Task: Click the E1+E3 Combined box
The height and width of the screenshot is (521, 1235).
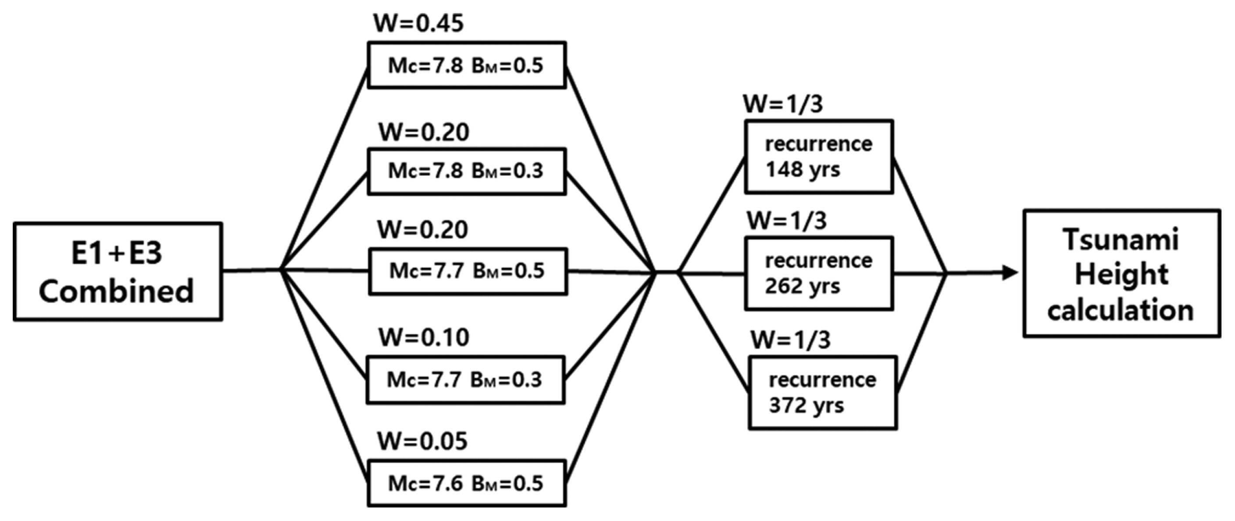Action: click(118, 271)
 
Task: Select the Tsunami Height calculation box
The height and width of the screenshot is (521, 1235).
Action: click(1121, 274)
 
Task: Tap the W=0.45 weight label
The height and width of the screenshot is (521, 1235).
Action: click(418, 23)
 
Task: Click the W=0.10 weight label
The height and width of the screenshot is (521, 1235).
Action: click(424, 337)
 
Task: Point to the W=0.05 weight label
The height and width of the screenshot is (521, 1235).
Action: click(422, 441)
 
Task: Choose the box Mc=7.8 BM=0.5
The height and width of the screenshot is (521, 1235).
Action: click(467, 65)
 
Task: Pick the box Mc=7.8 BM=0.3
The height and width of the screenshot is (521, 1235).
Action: click(467, 171)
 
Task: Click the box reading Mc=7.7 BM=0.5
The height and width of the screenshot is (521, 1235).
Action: click(468, 271)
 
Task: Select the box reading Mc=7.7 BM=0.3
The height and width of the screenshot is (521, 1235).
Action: click(465, 380)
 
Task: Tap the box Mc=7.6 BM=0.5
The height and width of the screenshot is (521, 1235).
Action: click(467, 483)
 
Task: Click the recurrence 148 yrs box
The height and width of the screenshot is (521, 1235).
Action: click(818, 157)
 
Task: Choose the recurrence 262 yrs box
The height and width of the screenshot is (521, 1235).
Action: click(818, 274)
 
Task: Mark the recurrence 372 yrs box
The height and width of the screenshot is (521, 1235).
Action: click(822, 393)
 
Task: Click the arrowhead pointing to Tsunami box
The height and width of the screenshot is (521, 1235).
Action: click(1010, 273)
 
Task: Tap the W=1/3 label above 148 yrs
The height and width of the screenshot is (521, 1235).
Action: click(782, 104)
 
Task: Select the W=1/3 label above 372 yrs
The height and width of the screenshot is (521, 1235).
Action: click(790, 340)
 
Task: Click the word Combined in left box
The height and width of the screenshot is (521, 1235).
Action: click(117, 291)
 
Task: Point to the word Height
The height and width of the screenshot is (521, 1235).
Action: click(1121, 274)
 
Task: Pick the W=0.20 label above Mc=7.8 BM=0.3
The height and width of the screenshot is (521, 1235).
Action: click(424, 132)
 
